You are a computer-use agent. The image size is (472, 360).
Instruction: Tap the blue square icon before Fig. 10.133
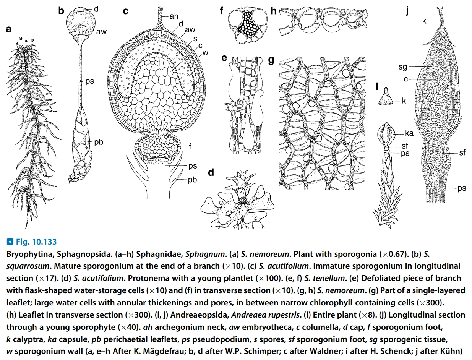tap(10, 242)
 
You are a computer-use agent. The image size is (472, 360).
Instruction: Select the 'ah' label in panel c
tap(174, 16)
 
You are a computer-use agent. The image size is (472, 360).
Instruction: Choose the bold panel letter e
tap(224, 58)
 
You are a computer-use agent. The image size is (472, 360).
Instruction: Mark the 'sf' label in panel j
tap(462, 153)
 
